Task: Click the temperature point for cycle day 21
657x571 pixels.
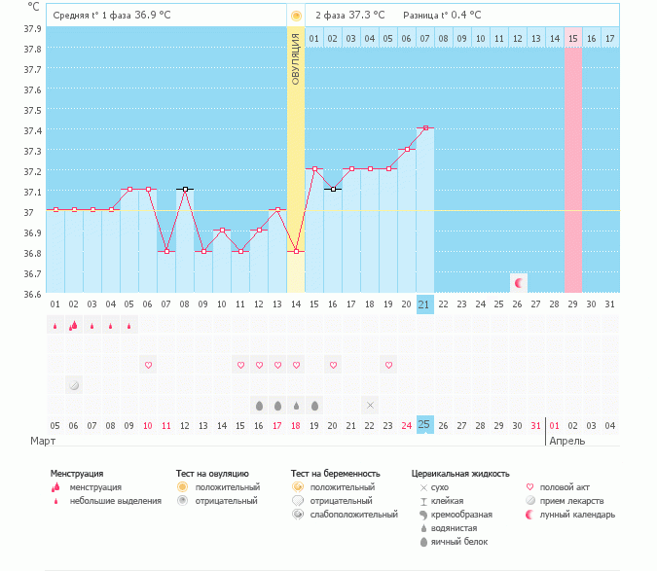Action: (424, 128)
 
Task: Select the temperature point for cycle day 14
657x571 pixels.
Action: (296, 251)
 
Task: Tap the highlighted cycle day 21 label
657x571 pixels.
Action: (424, 303)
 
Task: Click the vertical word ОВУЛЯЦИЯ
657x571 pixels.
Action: (296, 59)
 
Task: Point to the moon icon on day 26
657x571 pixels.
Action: (518, 283)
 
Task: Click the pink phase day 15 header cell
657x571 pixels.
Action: (572, 38)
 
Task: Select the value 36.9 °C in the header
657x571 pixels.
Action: (153, 16)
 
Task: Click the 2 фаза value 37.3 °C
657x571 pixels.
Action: (367, 16)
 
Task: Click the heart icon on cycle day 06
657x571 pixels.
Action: (148, 365)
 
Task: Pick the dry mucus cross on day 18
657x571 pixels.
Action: (370, 405)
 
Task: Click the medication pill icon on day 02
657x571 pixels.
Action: (74, 385)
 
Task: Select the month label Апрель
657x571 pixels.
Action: (567, 441)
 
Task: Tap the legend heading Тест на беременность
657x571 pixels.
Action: (335, 474)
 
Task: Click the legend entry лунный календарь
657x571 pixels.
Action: (577, 514)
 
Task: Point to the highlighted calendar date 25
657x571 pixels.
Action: (424, 424)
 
